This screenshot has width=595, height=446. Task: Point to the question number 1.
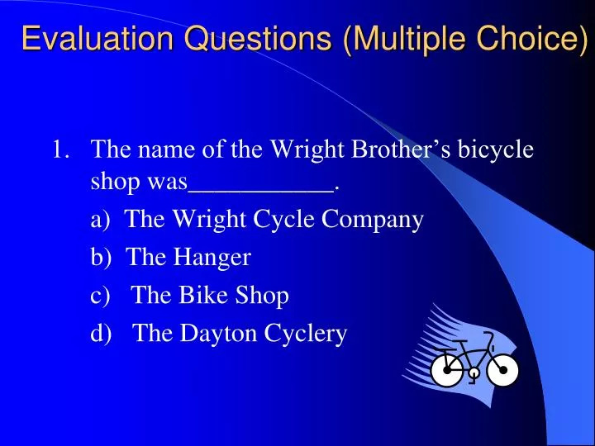click(x=59, y=150)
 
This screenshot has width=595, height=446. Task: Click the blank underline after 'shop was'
click(x=261, y=185)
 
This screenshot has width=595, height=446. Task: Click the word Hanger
click(x=212, y=257)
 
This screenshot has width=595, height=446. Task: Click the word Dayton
click(x=218, y=333)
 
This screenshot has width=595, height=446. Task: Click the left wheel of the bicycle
click(x=448, y=371)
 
